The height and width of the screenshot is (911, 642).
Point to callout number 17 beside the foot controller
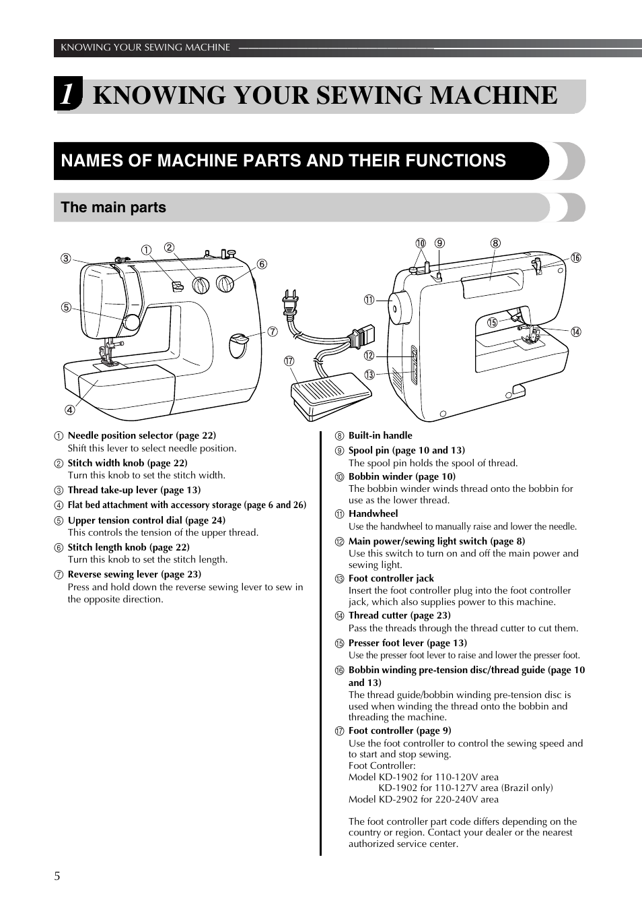click(x=289, y=361)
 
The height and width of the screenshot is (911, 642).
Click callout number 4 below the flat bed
click(x=69, y=410)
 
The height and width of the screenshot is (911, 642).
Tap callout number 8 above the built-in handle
click(x=495, y=243)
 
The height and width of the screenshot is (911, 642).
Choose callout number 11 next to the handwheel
click(x=369, y=300)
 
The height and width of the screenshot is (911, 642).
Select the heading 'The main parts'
click(x=113, y=208)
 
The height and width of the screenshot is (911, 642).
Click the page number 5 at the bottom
click(x=57, y=876)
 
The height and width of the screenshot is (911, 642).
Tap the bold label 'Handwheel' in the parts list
click(x=373, y=513)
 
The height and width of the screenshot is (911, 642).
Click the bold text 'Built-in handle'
click(x=380, y=435)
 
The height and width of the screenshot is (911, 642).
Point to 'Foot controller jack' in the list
click(x=391, y=578)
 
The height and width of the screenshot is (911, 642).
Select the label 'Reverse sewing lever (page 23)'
click(x=134, y=574)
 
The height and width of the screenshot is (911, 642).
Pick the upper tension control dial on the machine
click(x=131, y=322)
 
